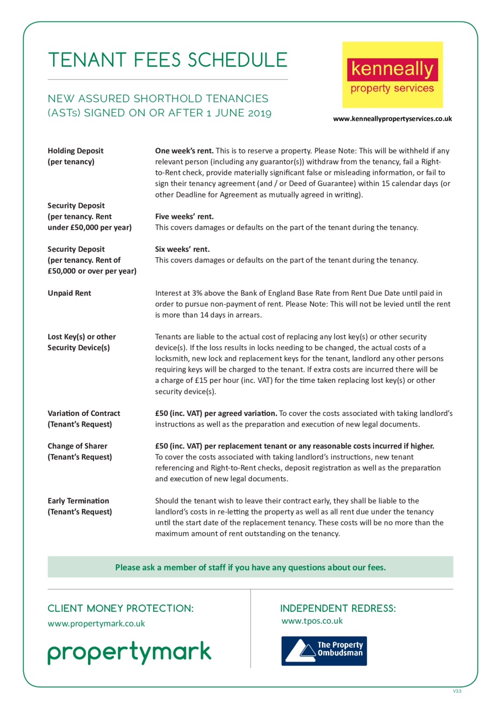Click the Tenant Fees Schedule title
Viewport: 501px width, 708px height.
pos(168,60)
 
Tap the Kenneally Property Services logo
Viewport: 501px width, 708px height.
pos(392,75)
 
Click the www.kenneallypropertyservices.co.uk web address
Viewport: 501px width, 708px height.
pos(392,118)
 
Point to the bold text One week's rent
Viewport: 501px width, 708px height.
pos(184,150)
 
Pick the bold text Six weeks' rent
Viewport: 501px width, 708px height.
pos(182,249)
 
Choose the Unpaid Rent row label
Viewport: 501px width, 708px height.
pos(69,293)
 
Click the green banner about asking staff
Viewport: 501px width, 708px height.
pos(250,567)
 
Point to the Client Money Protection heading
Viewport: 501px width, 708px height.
pos(121,608)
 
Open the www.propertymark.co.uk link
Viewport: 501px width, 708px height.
pos(96,623)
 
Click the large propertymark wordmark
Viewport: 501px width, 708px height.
pos(129,653)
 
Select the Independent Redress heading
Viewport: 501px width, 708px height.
pos(338,608)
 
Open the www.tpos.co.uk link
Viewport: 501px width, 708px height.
pos(312,621)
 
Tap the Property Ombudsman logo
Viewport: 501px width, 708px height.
pos(324,650)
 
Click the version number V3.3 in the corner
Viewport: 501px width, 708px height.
pos(457,691)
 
